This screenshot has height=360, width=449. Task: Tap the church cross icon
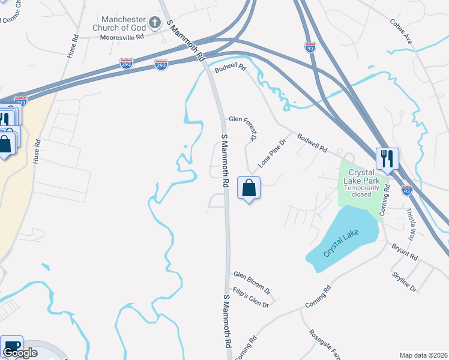[x=155, y=23]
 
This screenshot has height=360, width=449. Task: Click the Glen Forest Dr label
[x=242, y=128]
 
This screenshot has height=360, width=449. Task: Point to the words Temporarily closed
[x=363, y=191]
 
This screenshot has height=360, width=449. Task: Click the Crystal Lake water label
[x=340, y=244]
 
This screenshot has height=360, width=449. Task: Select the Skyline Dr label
[x=404, y=281]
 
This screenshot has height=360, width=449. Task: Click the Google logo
[x=20, y=353]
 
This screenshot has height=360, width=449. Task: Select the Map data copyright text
[x=423, y=355]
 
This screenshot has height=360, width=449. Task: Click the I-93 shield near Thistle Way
[x=407, y=190]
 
